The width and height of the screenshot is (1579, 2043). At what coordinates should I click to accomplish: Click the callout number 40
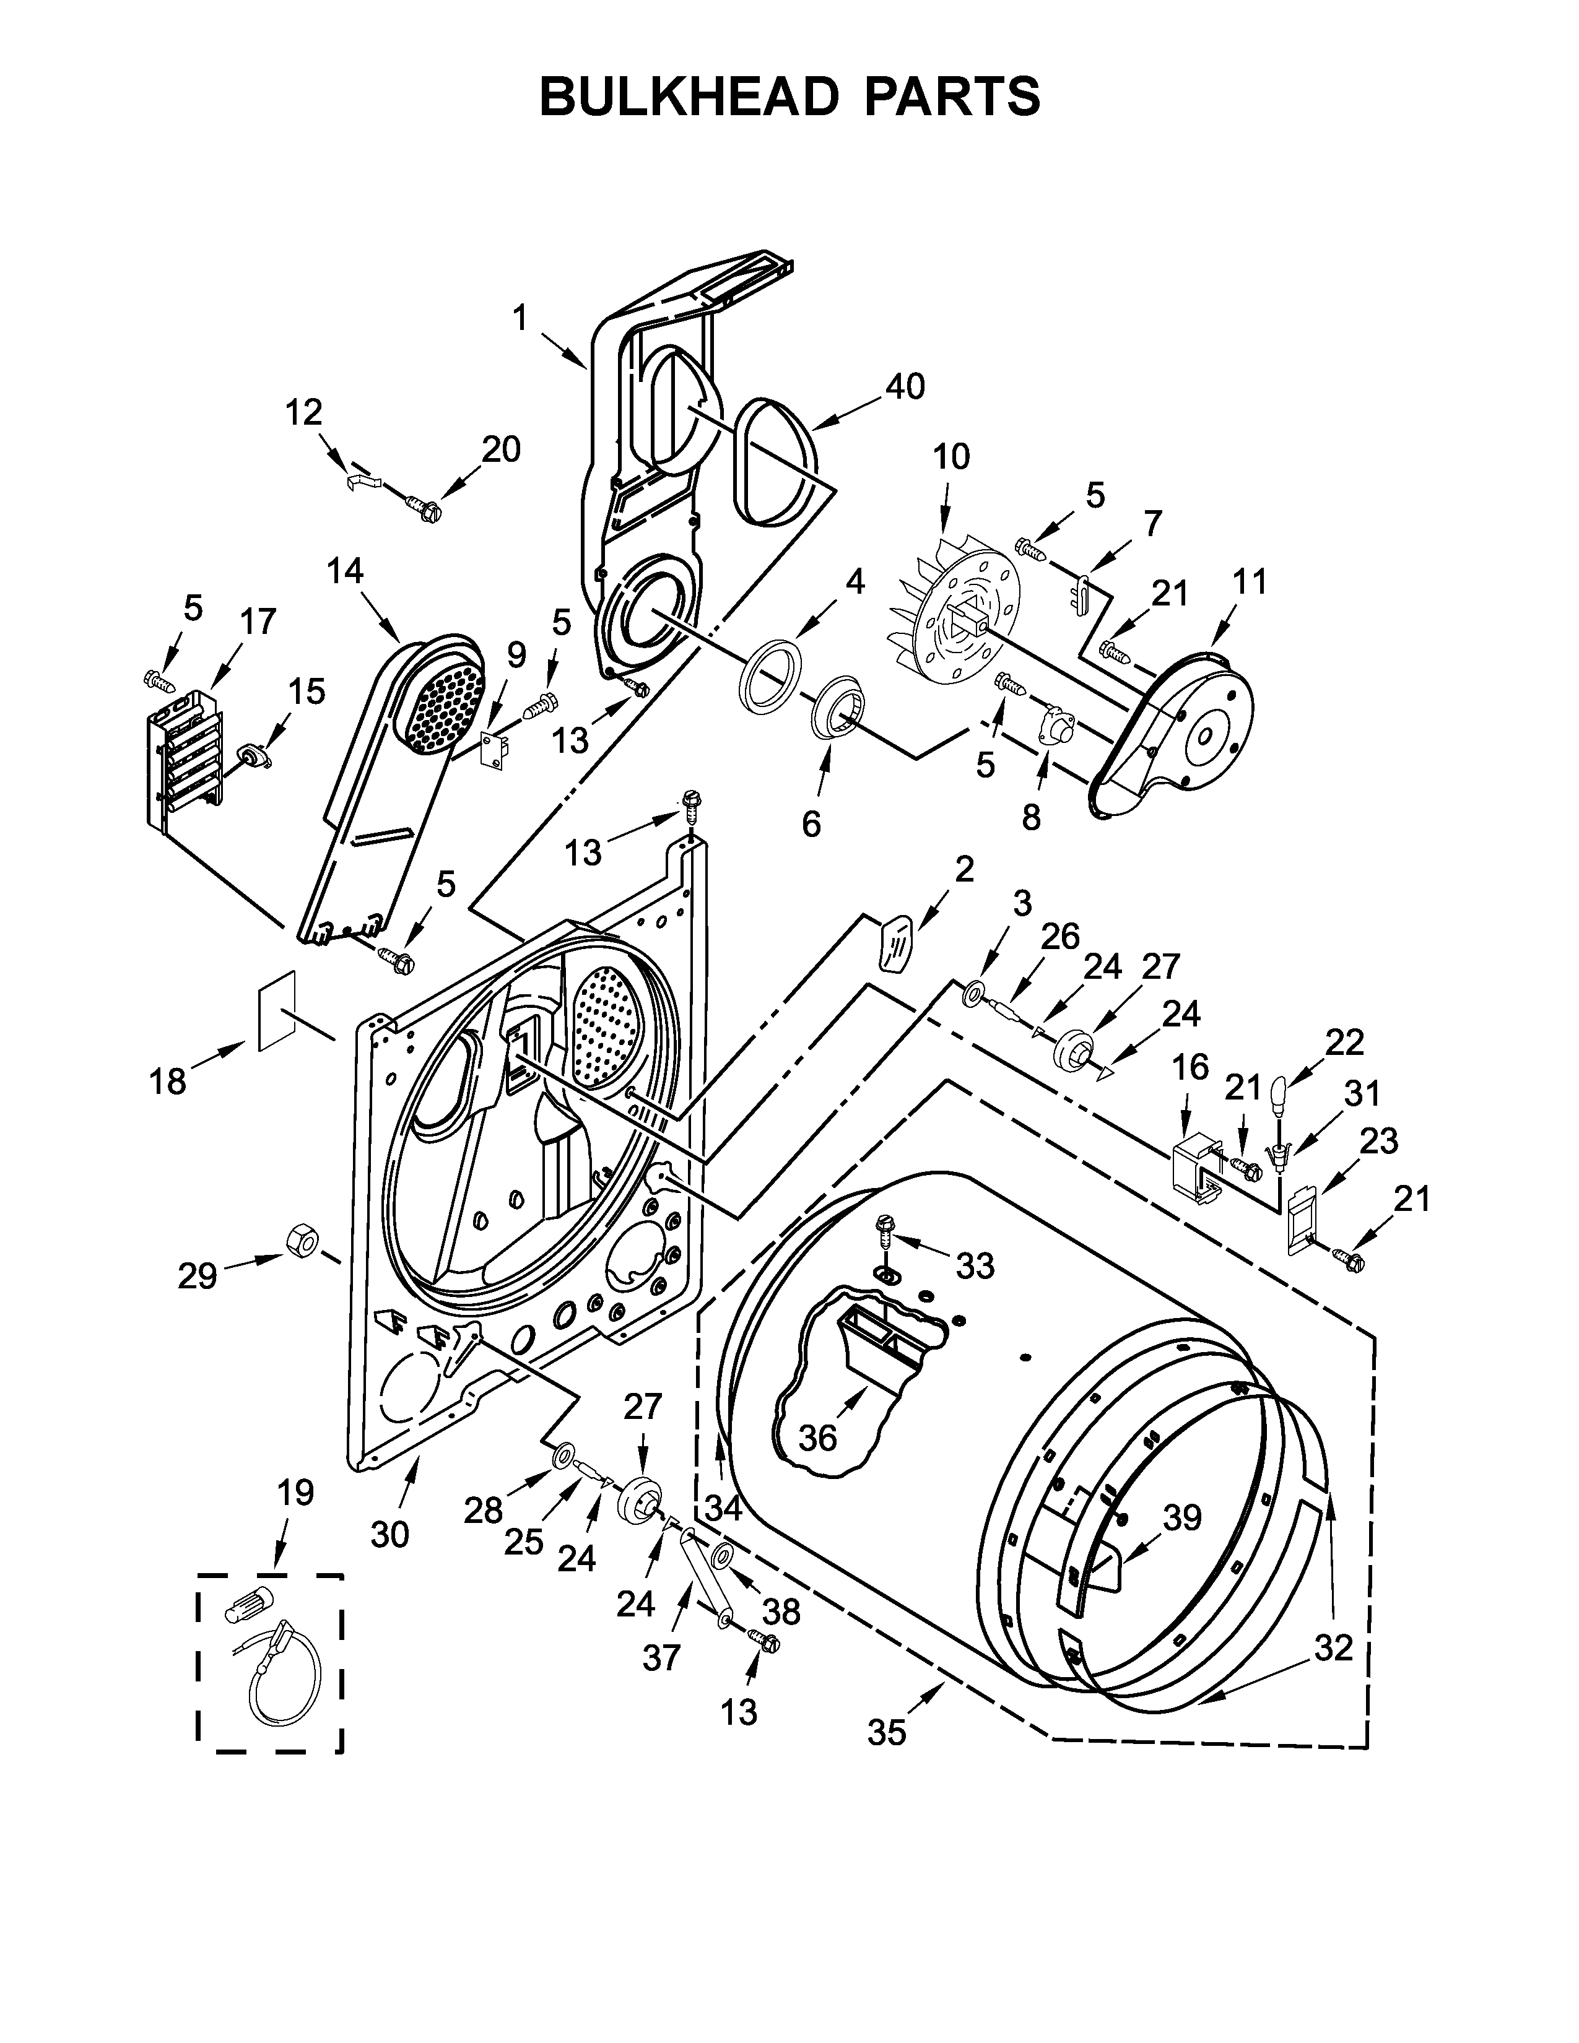click(x=905, y=386)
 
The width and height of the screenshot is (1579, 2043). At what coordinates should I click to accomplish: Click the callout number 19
click(x=295, y=1492)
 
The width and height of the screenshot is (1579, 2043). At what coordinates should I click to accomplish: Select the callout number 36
click(x=817, y=1438)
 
